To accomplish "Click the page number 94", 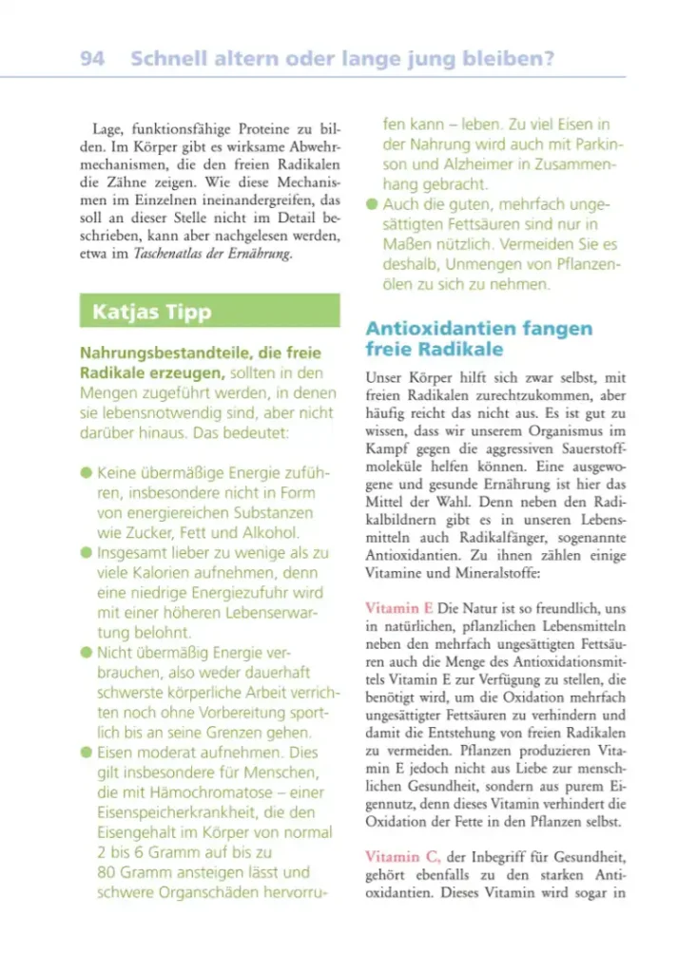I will pos(92,59).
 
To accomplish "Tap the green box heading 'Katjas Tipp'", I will pos(152,312).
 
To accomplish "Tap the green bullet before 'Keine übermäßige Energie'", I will pos(87,471).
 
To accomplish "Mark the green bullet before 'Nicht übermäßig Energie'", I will pos(87,653).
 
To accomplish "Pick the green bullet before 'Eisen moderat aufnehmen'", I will pos(87,753).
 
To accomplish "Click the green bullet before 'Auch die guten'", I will pos(372,204).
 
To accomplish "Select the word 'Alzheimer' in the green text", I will pos(464,164).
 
